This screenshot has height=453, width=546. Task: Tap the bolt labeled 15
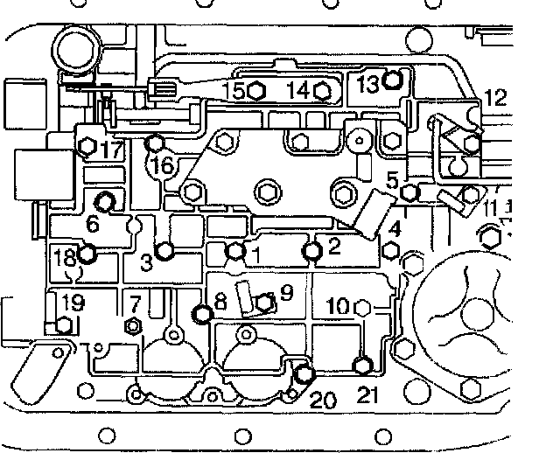pyautogui.click(x=255, y=90)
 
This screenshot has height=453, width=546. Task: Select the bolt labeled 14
pyautogui.click(x=320, y=90)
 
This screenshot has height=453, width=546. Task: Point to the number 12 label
pyautogui.click(x=495, y=99)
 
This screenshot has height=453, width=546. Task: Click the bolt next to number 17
pyautogui.click(x=86, y=147)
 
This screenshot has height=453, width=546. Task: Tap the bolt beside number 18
pyautogui.click(x=87, y=255)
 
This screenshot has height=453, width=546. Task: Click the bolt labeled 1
pyautogui.click(x=234, y=252)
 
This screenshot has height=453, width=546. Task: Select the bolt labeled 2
pyautogui.click(x=312, y=252)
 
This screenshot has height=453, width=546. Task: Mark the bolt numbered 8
pyautogui.click(x=203, y=314)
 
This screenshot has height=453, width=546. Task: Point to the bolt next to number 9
pyautogui.click(x=264, y=303)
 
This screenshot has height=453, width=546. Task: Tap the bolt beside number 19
pyautogui.click(x=63, y=326)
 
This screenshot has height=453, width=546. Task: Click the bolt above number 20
pyautogui.click(x=304, y=374)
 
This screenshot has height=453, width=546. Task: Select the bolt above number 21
pyautogui.click(x=364, y=365)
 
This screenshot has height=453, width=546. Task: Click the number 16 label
pyautogui.click(x=164, y=165)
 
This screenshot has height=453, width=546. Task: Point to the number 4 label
pyautogui.click(x=395, y=229)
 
